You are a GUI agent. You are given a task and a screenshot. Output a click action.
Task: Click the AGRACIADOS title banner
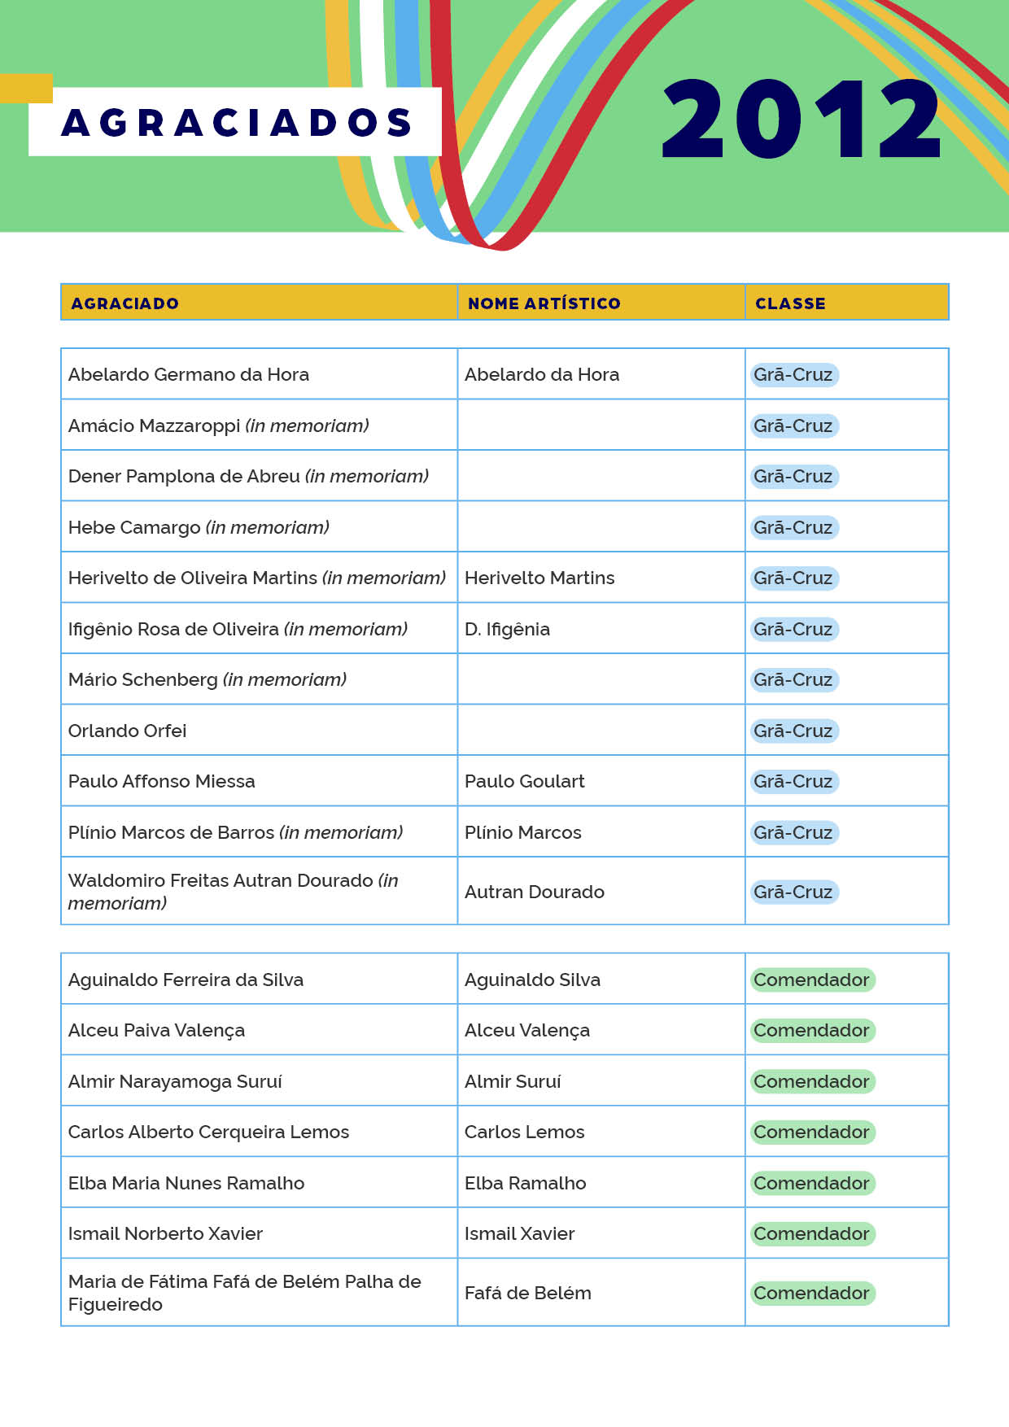[236, 122]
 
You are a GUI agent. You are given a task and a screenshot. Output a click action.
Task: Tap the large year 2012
[801, 119]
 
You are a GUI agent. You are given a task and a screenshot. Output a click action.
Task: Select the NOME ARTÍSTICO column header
[544, 303]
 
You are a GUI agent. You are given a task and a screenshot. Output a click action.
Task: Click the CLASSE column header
[790, 303]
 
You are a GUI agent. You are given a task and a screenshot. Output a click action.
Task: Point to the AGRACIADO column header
[124, 303]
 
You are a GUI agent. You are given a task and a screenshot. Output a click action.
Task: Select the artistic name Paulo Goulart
[524, 781]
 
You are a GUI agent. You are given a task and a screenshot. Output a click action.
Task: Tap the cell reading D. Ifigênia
[507, 629]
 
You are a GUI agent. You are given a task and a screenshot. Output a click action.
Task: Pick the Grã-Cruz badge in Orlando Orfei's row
[793, 731]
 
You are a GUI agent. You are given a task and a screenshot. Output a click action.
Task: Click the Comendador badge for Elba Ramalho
[811, 1183]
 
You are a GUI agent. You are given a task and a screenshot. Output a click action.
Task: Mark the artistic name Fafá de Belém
[527, 1293]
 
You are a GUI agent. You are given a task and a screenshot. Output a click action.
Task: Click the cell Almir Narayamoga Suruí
[175, 1081]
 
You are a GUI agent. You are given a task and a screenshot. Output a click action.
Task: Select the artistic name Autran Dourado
[534, 892]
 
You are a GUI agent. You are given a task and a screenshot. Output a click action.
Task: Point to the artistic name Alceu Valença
[526, 1030]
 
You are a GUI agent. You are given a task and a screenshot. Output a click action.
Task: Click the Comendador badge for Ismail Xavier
[811, 1233]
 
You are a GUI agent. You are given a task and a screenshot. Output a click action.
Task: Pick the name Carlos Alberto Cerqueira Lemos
[208, 1132]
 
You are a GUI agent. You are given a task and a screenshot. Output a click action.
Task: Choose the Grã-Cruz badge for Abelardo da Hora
[793, 374]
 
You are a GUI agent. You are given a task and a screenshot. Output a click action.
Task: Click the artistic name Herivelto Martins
[539, 578]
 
